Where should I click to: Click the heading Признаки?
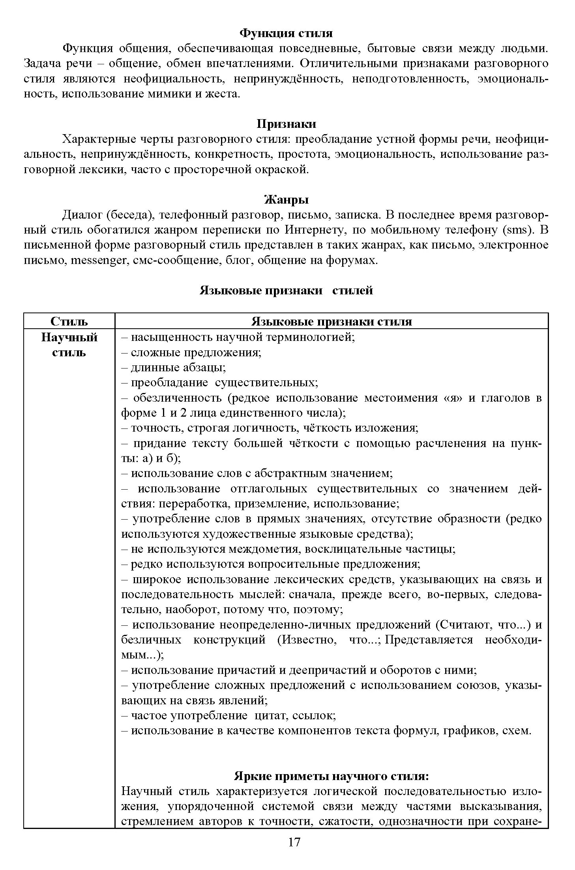click(x=286, y=124)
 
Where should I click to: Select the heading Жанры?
click(x=286, y=200)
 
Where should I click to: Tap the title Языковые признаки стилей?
click(x=286, y=291)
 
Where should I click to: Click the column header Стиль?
click(x=69, y=321)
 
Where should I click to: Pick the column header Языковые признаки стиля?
click(x=332, y=321)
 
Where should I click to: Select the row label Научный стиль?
click(x=69, y=344)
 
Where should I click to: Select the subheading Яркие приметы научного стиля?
click(x=332, y=776)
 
